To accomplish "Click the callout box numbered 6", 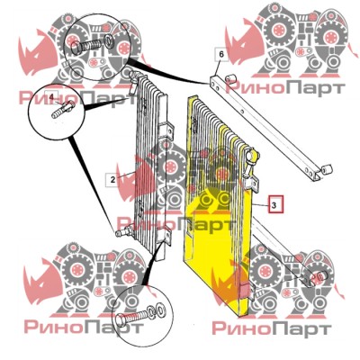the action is click(221, 54).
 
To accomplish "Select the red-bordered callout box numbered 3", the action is click(275, 204).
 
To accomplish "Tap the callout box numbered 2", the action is click(112, 180).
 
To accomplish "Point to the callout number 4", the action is click(51, 97).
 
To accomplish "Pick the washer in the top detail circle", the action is click(109, 41).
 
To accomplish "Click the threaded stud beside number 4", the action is click(62, 110).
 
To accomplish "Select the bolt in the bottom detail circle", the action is click(132, 318).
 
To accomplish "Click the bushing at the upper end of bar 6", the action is click(230, 78).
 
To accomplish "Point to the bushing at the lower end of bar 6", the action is click(326, 169).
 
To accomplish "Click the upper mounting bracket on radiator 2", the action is click(167, 130).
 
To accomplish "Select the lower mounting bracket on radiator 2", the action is click(166, 235).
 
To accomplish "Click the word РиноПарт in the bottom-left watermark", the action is click(83, 327).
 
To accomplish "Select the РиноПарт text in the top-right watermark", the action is click(284, 88).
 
